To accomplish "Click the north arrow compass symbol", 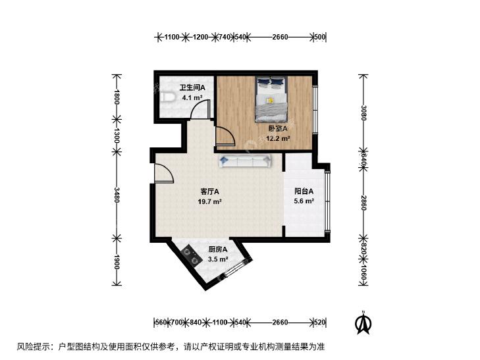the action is pos(363,322).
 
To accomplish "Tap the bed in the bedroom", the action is pos(271,99).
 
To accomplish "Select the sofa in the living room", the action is pos(246,161).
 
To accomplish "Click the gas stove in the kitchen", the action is pos(192,256).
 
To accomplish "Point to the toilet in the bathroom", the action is pos(167,97).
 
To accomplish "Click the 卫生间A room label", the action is pos(192,88).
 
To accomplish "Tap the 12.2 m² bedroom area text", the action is pos(278,139).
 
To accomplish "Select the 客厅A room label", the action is pos(209,192).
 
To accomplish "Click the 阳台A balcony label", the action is pos(304,192).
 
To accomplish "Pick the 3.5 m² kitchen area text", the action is pos(218,259).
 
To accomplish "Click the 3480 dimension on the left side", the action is pos(117,195).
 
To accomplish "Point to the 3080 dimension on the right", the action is pos(363,113).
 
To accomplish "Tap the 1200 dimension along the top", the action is pos(201,37).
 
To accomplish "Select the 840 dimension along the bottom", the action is pos(196,322).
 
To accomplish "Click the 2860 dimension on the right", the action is pos(363,203).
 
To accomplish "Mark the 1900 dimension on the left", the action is pos(117,262).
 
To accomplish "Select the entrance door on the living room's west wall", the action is pos(164,174).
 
